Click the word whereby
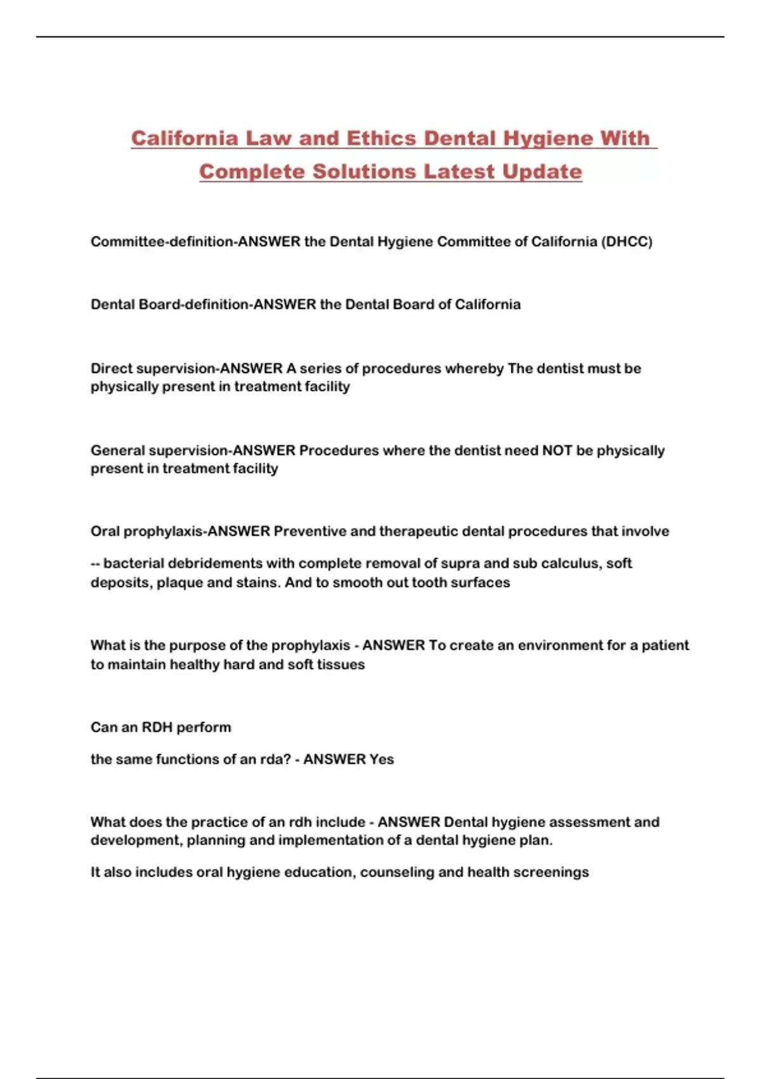[474, 369]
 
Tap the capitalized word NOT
[557, 451]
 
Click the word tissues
[344, 665]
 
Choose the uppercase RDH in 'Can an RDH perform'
[157, 727]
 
